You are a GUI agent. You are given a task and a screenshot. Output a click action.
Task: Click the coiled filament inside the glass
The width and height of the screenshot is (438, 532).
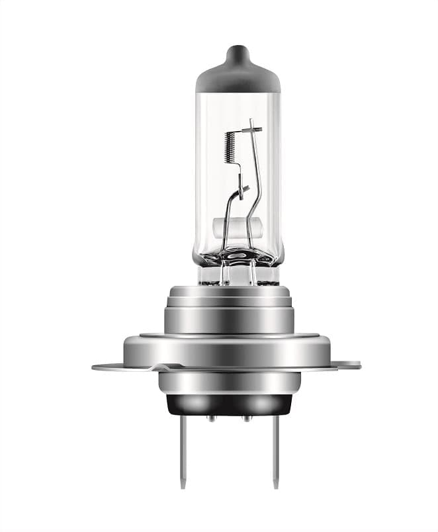[x=230, y=146]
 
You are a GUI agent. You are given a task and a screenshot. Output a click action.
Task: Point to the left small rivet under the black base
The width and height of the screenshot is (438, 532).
[x=211, y=418]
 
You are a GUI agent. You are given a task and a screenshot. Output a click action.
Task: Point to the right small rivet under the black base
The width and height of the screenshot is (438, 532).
[x=246, y=418]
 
